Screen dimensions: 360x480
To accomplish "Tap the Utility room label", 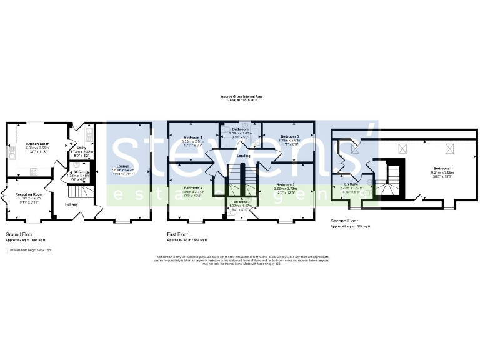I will click(81, 147).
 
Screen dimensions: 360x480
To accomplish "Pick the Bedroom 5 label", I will click(290, 136).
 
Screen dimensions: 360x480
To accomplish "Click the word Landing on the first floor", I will click(244, 156).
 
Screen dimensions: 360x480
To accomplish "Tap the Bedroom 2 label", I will click(286, 185).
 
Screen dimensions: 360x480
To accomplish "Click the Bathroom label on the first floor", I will click(240, 129).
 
